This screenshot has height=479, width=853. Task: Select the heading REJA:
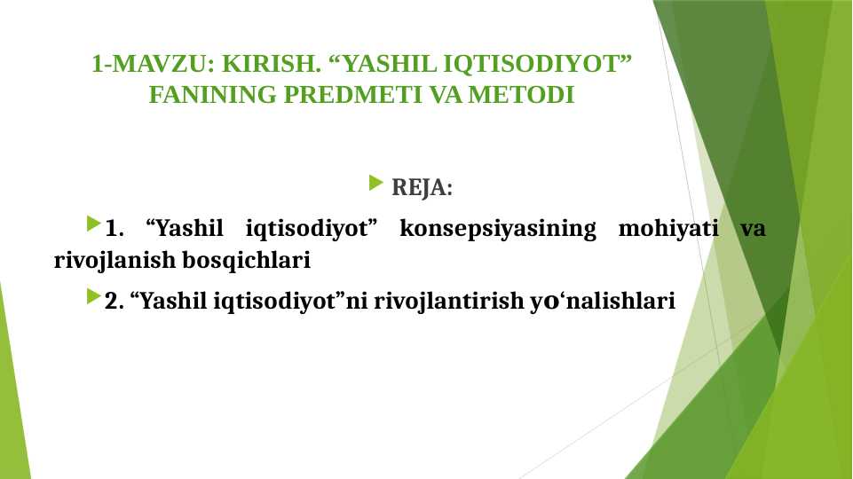coord(422,188)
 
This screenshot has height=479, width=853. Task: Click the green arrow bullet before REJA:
coord(375,185)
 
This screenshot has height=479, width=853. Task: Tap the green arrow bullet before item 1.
coord(93,224)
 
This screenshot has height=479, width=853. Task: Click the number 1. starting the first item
coord(114,229)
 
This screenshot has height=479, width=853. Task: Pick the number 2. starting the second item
coord(114,302)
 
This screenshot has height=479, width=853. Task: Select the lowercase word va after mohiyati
coord(753,229)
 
